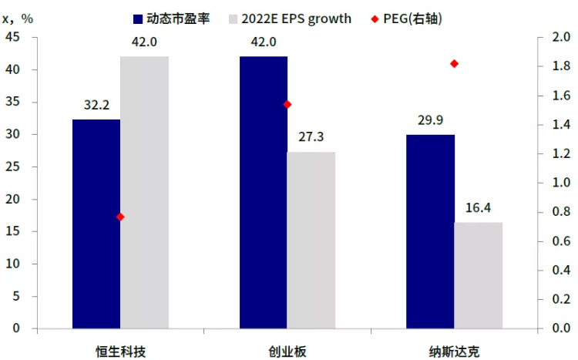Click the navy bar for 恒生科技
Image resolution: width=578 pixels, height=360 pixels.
pyautogui.click(x=96, y=224)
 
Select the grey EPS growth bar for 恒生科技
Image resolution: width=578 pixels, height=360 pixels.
pyautogui.click(x=144, y=193)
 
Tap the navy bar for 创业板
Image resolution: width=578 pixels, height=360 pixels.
pyautogui.click(x=264, y=193)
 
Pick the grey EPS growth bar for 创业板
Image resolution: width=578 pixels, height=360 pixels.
pyautogui.click(x=311, y=240)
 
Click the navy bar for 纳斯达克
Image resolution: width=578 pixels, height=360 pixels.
pyautogui.click(x=430, y=231)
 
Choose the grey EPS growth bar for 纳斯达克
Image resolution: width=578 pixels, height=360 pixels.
pyautogui.click(x=478, y=275)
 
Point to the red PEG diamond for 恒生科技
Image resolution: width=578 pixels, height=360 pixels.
pyautogui.click(x=120, y=217)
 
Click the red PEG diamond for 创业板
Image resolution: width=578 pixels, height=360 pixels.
pyautogui.click(x=287, y=104)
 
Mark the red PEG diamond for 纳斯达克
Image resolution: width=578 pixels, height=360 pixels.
pyautogui.click(x=454, y=63)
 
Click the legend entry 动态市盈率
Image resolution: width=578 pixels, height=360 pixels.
pyautogui.click(x=178, y=17)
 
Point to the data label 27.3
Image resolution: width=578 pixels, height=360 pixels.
pyautogui.click(x=311, y=137)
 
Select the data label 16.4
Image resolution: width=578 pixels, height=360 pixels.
pyautogui.click(x=478, y=208)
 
